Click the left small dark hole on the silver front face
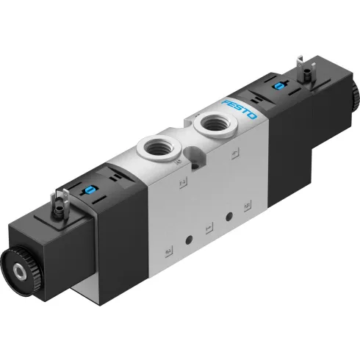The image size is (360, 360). click(x=190, y=240)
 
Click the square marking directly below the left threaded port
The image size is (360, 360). click(x=180, y=181)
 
